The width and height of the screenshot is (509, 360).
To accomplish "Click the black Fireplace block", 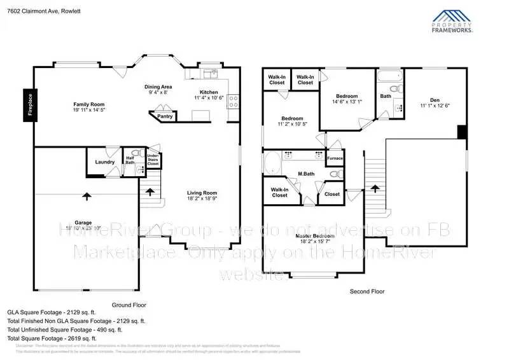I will (x=29, y=104).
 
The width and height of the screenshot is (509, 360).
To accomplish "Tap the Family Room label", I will (x=88, y=104).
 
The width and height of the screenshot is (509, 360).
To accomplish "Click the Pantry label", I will (x=164, y=116).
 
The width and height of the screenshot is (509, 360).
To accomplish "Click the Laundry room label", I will (x=105, y=162).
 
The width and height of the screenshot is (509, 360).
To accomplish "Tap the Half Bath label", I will (x=130, y=160).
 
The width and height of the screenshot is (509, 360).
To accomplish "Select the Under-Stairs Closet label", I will (x=153, y=160).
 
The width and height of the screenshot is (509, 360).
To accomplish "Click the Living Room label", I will (x=202, y=193).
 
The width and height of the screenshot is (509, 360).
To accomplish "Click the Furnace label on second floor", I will (x=335, y=158).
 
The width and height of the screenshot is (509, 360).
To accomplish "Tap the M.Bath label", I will (x=307, y=174).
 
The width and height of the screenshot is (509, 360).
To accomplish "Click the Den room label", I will (x=435, y=99).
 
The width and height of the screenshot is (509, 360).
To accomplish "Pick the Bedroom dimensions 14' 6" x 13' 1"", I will (x=347, y=100).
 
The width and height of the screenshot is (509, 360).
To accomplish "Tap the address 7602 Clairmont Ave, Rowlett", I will (x=41, y=8).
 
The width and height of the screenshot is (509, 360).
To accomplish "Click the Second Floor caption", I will (x=367, y=291).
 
